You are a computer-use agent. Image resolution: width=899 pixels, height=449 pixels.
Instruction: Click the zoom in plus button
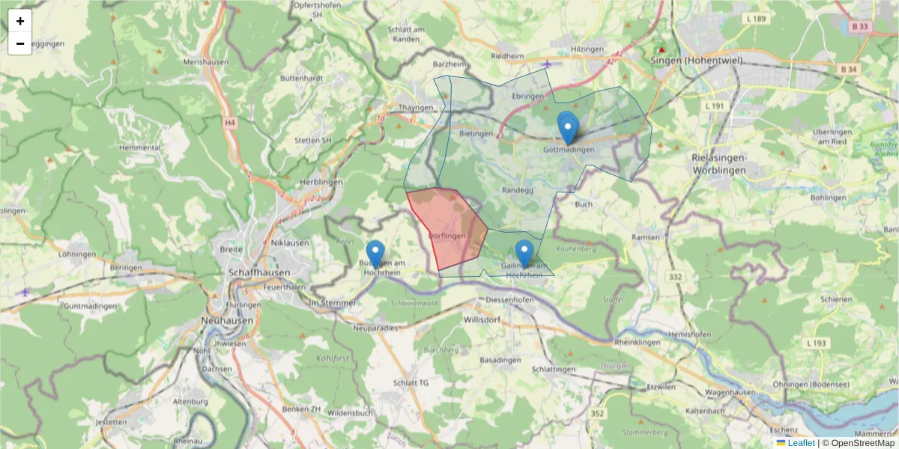20,21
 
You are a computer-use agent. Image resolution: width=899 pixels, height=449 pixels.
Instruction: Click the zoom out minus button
20,43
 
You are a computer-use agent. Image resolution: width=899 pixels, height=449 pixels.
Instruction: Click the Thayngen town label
417,108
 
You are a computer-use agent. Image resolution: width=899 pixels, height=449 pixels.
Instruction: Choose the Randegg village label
517,190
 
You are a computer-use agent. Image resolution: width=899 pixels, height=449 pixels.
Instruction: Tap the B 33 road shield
860,26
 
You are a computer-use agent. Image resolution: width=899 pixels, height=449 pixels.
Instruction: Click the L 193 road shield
817,343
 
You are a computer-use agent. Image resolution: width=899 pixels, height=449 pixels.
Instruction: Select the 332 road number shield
674,278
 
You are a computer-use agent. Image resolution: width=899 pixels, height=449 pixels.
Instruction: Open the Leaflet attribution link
801,443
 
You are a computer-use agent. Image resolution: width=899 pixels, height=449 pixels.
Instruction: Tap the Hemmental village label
140,148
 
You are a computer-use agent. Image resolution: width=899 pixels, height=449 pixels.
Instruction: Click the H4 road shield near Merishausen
229,122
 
